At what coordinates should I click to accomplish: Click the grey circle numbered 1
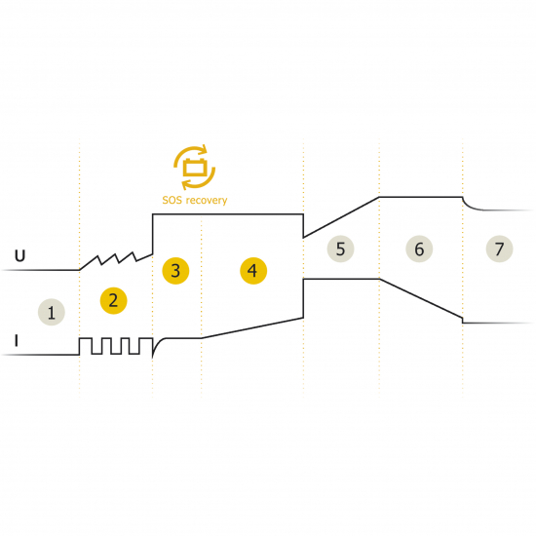point(52,312)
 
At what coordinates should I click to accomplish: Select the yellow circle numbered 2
point(113,300)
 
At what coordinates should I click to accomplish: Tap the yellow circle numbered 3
point(175,271)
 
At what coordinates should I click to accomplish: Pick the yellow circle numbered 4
point(253,271)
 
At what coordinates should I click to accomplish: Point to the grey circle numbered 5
point(340,249)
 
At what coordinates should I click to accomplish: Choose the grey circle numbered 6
point(419,249)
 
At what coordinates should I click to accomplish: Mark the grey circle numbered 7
point(499,249)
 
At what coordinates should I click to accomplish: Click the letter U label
point(19,255)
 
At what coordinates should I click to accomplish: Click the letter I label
point(16,340)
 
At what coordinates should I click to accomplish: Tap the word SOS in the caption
point(172,200)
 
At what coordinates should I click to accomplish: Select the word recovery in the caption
point(207,201)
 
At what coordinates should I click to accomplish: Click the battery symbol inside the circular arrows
point(195,168)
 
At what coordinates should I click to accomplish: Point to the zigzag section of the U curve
point(116,261)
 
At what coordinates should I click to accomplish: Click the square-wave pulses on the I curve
point(116,346)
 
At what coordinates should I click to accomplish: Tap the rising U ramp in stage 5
point(341,217)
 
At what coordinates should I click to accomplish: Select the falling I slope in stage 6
point(421,299)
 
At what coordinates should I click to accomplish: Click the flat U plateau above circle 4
point(228,214)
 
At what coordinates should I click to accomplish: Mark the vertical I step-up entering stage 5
point(303,298)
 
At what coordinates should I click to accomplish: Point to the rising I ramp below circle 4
point(252,328)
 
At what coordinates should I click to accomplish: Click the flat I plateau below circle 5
point(341,280)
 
